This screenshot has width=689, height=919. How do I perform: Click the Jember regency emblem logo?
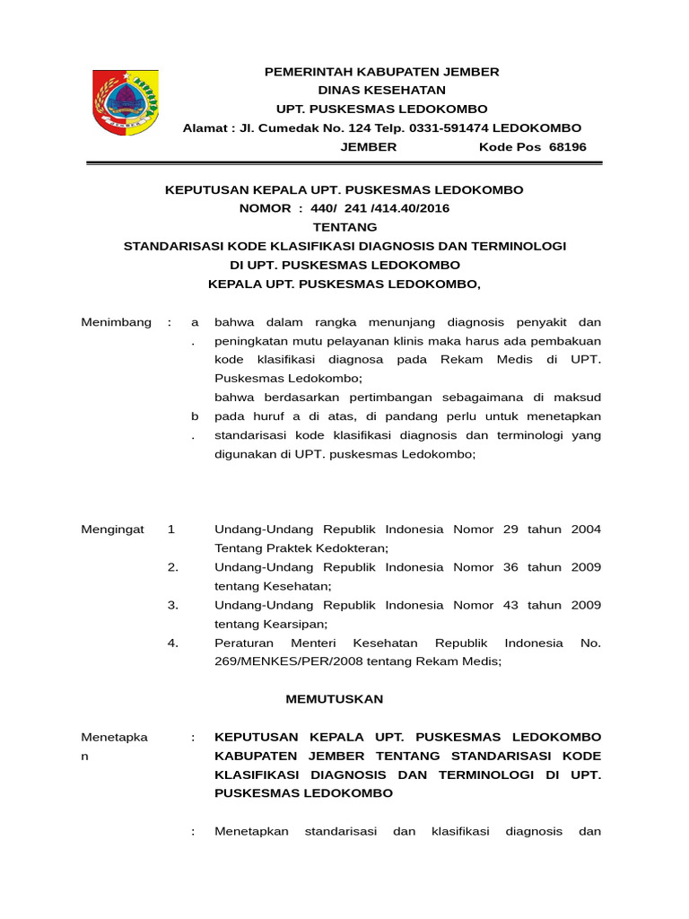pyautogui.click(x=126, y=102)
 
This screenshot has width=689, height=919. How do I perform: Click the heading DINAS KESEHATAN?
pyautogui.click(x=381, y=90)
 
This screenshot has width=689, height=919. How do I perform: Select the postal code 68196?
pyautogui.click(x=567, y=146)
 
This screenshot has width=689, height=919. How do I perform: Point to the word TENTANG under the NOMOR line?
pyautogui.click(x=344, y=227)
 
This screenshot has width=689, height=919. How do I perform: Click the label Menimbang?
pyautogui.click(x=117, y=322)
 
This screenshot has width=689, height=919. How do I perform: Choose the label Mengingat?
pyautogui.click(x=113, y=530)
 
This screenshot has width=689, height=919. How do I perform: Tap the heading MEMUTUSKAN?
pyautogui.click(x=335, y=698)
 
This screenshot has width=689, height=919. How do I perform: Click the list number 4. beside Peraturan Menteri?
pyautogui.click(x=173, y=643)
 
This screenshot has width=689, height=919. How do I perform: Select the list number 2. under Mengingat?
pyautogui.click(x=173, y=567)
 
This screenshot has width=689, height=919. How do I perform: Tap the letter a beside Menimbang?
pyautogui.click(x=194, y=322)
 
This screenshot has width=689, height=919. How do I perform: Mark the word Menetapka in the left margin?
pyautogui.click(x=115, y=737)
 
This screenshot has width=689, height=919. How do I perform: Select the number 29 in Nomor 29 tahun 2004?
pyautogui.click(x=510, y=530)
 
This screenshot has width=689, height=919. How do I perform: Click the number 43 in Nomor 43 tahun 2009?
pyautogui.click(x=510, y=605)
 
